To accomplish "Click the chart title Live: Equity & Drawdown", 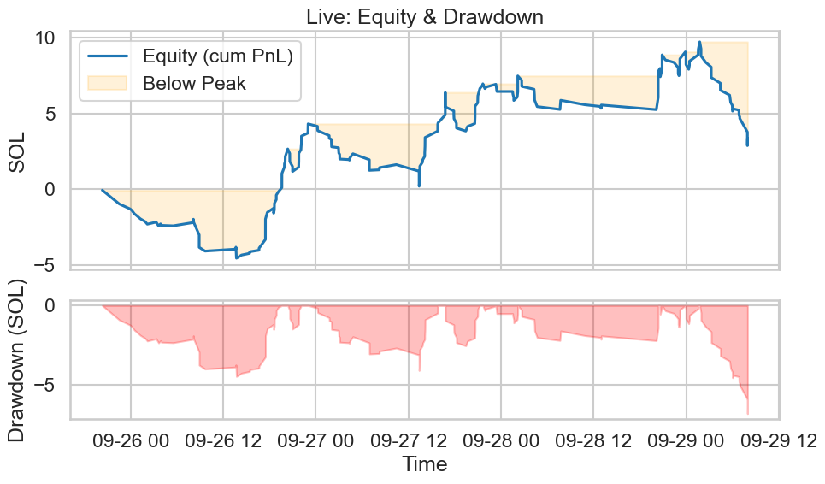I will click(x=424, y=16).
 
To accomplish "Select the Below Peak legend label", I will click(x=194, y=84).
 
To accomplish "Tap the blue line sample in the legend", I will click(x=108, y=56).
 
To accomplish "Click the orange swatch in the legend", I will click(x=108, y=83).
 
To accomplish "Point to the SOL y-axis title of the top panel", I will click(x=18, y=152).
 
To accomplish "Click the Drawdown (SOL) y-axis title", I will click(x=18, y=360).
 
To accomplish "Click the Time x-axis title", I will click(x=424, y=465).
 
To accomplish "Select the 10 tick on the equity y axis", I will click(x=44, y=38).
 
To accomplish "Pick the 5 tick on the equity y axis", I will click(x=50, y=114).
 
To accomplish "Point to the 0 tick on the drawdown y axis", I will click(x=50, y=305).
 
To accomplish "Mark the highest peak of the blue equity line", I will click(x=699, y=42).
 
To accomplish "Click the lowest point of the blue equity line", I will click(x=237, y=257).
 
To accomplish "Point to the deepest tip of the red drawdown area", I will click(x=747, y=414).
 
